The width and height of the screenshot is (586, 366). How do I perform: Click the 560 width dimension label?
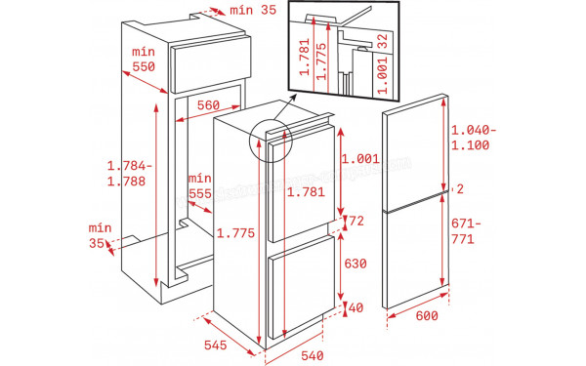[x=205, y=105]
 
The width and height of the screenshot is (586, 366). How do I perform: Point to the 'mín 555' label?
[x=200, y=185]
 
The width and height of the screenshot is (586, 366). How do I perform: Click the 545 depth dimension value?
[x=216, y=346]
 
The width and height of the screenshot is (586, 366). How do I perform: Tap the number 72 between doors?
[x=356, y=222]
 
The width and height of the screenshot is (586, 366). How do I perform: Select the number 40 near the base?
[x=356, y=308]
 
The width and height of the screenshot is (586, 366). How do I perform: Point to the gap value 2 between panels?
[x=458, y=188]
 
